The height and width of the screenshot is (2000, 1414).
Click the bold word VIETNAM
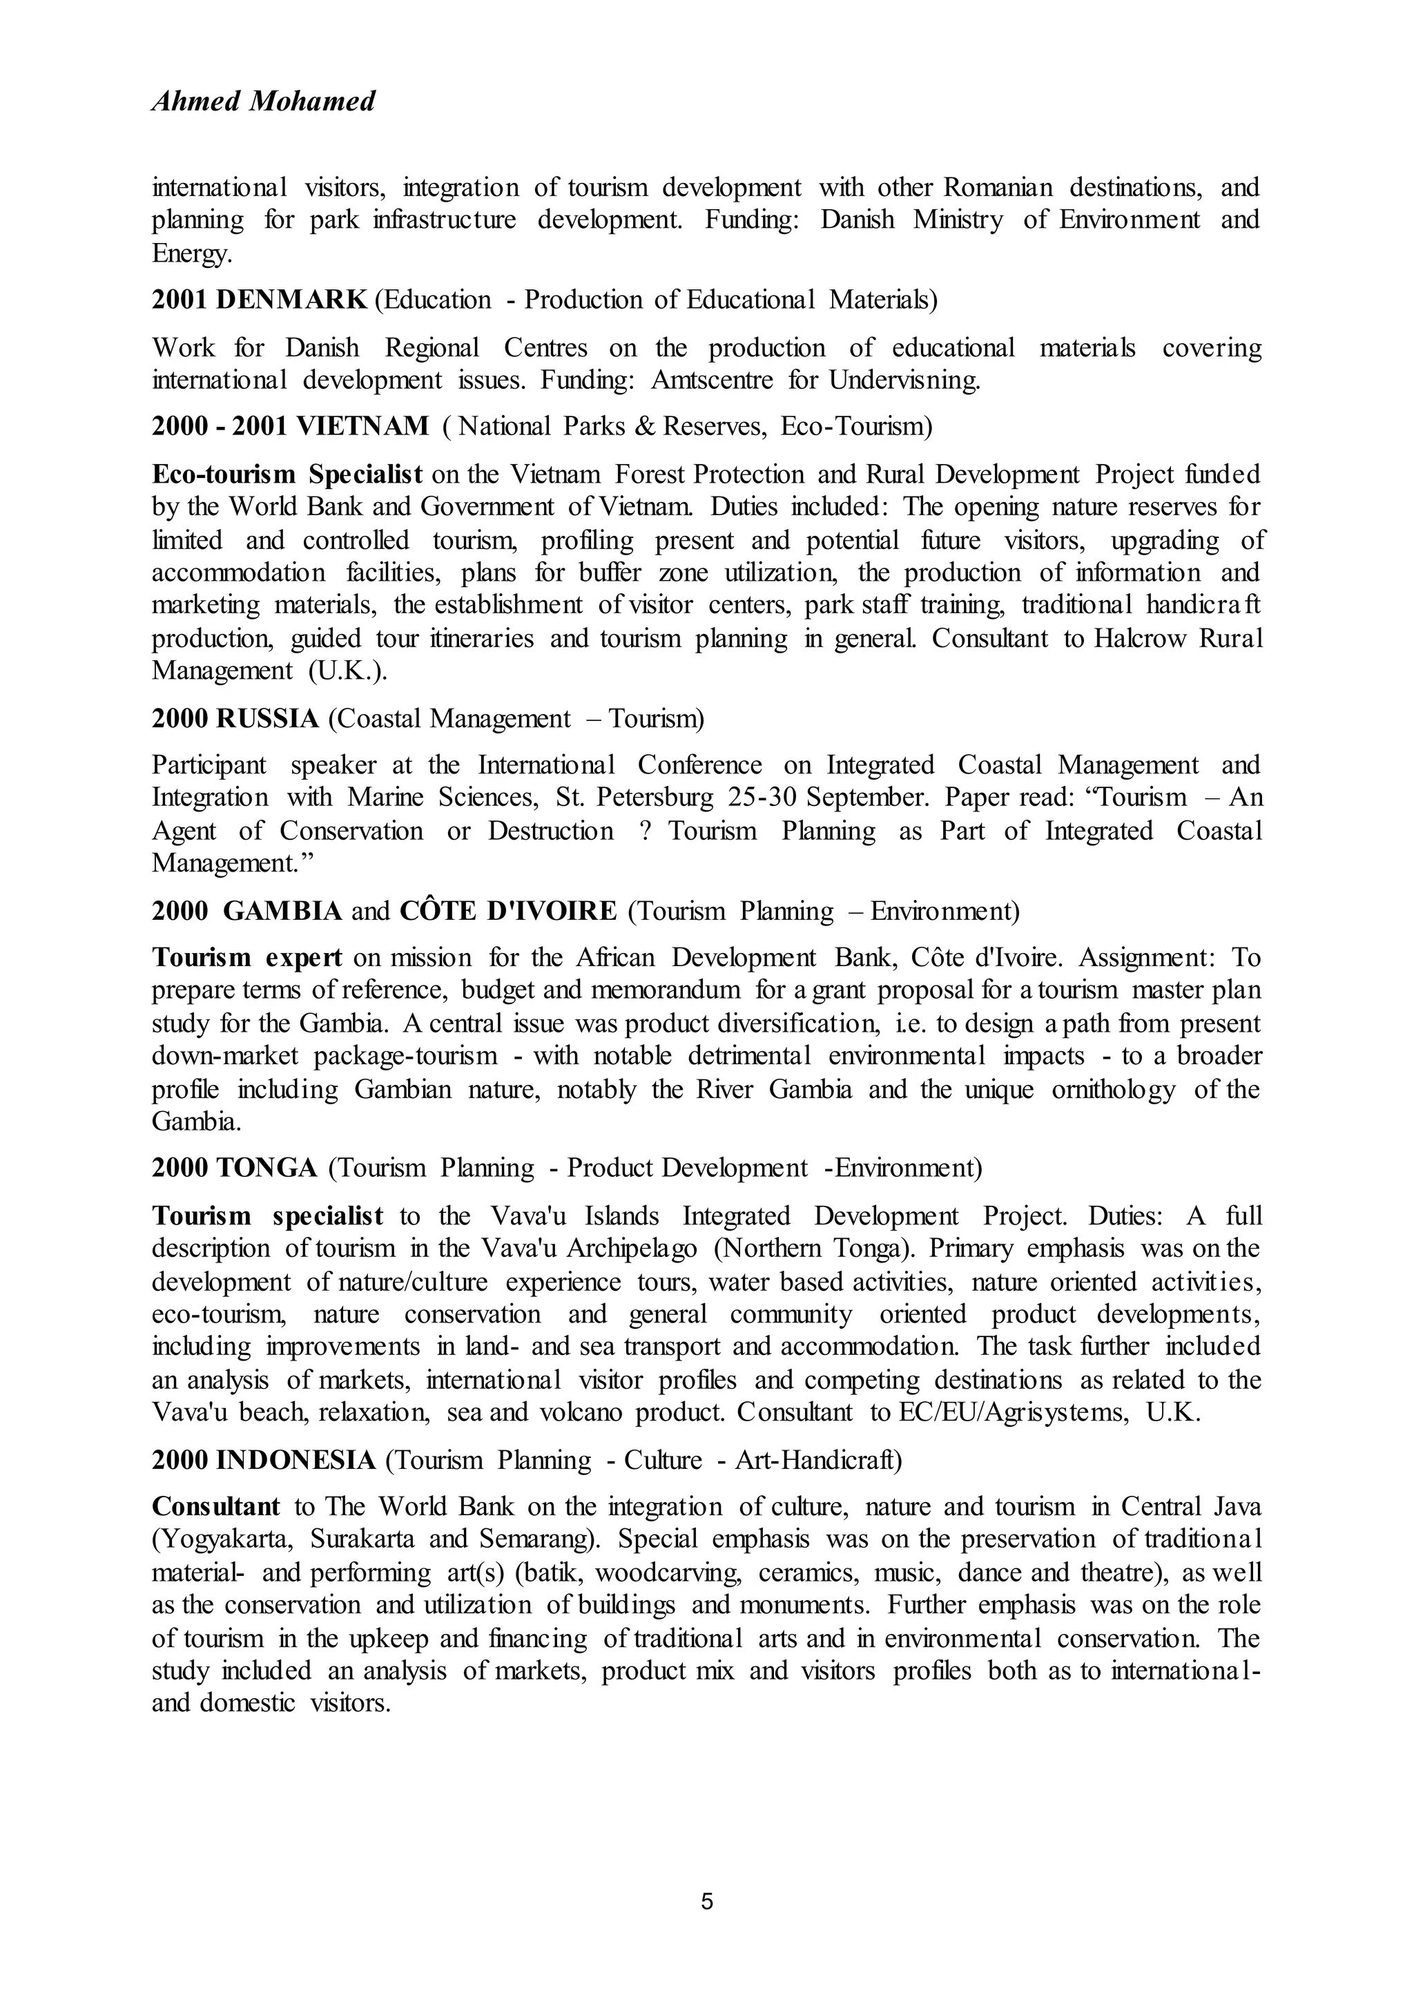click(362, 426)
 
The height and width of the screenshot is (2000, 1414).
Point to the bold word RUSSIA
click(267, 719)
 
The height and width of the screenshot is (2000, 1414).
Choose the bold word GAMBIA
click(282, 911)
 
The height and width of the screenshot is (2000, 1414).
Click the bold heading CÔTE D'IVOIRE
click(507, 911)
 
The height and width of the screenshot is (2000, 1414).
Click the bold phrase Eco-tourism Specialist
click(287, 474)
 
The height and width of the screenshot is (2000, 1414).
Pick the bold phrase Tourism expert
click(247, 957)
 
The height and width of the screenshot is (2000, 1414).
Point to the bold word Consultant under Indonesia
click(216, 1506)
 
